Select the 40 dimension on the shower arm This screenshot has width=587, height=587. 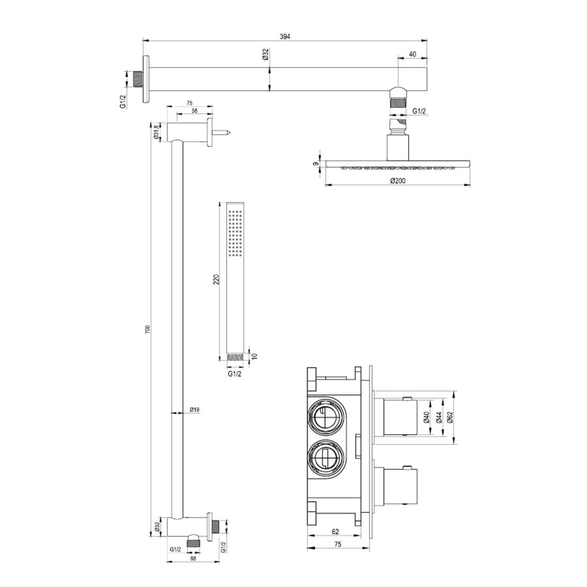[x=414, y=54]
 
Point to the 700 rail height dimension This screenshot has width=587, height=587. [x=148, y=330]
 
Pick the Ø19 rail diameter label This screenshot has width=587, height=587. [x=194, y=410]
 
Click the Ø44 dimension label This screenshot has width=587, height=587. [x=440, y=417]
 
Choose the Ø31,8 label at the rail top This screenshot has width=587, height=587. [x=157, y=131]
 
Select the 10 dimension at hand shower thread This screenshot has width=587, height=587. [x=255, y=357]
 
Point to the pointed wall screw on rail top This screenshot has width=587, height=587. [x=223, y=132]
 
